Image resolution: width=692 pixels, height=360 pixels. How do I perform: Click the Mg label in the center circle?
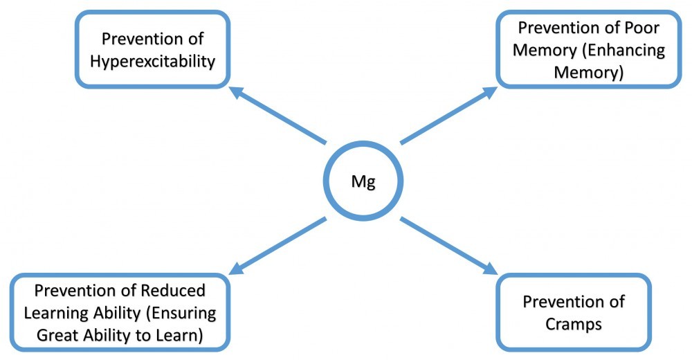pos(364,182)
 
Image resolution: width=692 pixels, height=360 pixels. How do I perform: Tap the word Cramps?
pos(574,324)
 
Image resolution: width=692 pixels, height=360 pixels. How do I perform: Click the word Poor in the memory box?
pos(641,28)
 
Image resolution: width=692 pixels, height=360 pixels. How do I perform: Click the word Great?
pos(54,337)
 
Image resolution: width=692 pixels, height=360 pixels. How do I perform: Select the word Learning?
pos(51,313)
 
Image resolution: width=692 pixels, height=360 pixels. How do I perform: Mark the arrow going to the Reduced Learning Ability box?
pos(277,246)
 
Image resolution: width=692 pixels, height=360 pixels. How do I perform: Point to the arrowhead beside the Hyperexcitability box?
pos(235,91)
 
